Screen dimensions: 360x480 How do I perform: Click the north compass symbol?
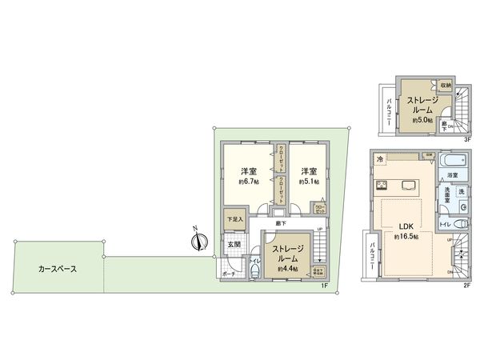click(x=199, y=240)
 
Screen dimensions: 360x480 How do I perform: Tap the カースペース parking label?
click(x=58, y=269)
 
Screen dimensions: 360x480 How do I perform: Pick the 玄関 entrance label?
click(x=232, y=245)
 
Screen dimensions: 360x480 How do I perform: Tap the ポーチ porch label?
click(x=229, y=274)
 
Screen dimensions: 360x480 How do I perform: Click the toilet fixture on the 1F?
click(x=253, y=270)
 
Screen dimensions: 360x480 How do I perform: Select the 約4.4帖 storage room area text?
click(x=288, y=270)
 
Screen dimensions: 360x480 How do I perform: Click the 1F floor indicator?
click(x=325, y=286)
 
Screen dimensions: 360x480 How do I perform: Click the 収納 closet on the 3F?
click(x=446, y=85)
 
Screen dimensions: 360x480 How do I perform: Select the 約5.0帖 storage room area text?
click(x=420, y=119)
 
